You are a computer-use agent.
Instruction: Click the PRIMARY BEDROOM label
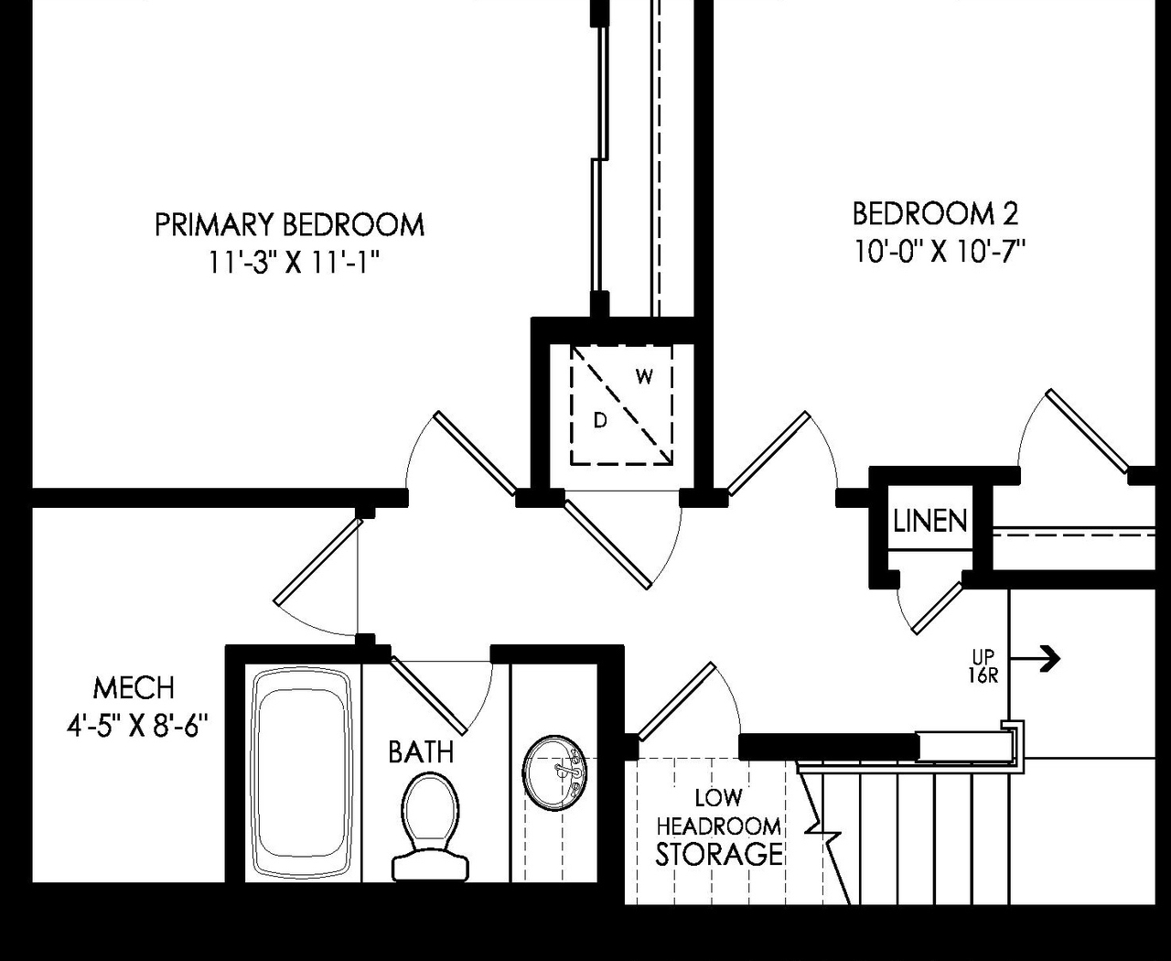coord(289,225)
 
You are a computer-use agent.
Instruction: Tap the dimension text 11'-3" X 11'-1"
coord(293,264)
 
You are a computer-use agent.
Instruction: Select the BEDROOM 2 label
coord(935,214)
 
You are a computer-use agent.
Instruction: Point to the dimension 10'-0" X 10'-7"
coord(940,252)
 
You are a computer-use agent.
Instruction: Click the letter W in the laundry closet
coord(644,376)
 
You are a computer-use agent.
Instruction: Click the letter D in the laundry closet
coord(600,421)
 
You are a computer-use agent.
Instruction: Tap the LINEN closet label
coord(929,522)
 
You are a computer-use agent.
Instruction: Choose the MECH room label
coord(134,688)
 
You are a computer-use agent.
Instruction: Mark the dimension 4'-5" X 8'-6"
coord(137,727)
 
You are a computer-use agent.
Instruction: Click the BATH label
coord(421,752)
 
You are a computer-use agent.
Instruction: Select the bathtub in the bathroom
coord(302,773)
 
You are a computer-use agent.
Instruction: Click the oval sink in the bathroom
coord(554,772)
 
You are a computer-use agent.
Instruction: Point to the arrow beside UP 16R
coord(1042,657)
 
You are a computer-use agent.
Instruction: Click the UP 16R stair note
coord(983,666)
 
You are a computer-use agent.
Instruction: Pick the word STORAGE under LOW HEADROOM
coord(719,855)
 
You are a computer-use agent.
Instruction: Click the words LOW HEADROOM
coord(719,813)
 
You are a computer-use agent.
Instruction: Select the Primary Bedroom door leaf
coord(475,453)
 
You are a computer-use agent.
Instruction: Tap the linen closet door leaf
coord(938,608)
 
